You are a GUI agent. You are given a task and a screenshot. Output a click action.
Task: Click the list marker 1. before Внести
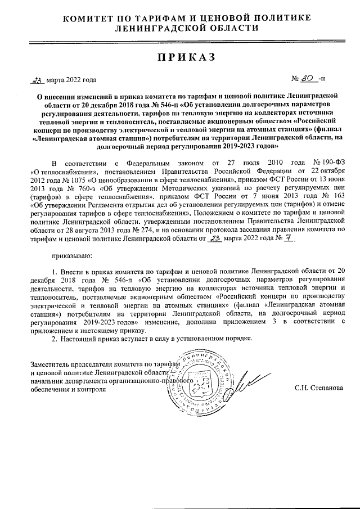click(x=54, y=272)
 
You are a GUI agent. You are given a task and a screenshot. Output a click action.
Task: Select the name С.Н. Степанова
click(x=318, y=388)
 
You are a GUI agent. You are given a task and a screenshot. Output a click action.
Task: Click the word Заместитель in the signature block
click(x=51, y=364)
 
